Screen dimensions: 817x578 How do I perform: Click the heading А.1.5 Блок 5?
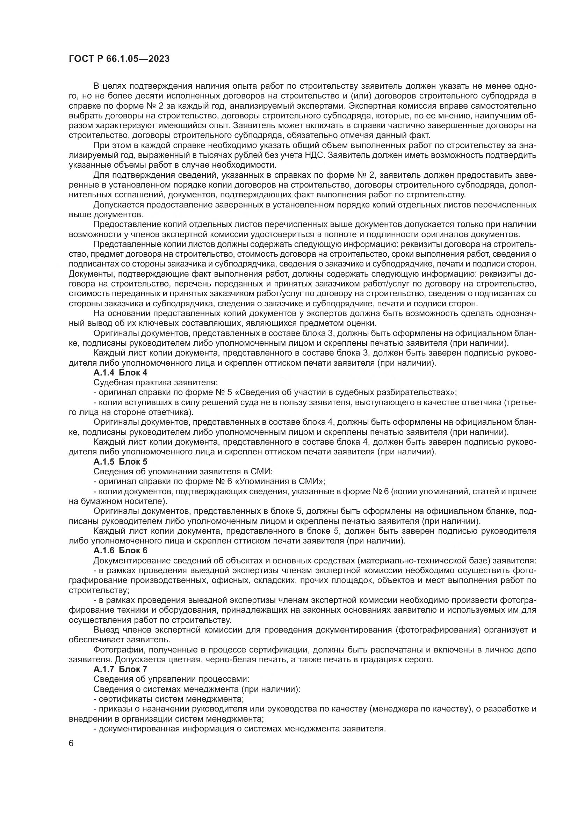(120, 461)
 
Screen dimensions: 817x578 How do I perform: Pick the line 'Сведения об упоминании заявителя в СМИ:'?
(182, 472)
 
